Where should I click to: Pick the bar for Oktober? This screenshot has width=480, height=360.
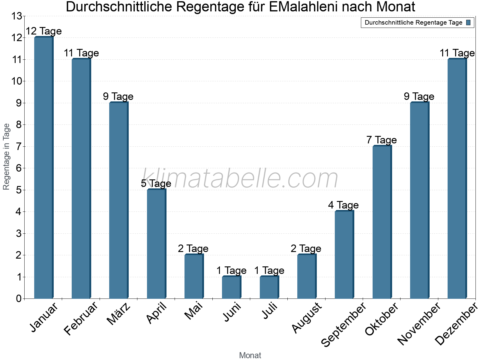tap(382, 222)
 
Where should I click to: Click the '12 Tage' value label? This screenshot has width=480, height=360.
tap(44, 31)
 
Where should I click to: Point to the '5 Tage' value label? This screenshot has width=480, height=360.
tap(156, 183)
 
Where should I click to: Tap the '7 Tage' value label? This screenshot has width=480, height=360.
tap(382, 140)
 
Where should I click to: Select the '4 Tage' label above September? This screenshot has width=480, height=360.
tap(343, 205)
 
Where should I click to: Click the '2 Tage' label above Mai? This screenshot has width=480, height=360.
tap(193, 248)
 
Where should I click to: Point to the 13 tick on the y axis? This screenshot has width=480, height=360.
tap(16, 16)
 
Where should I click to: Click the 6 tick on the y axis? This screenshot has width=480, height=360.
tap(19, 168)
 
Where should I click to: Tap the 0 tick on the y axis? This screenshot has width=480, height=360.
tap(19, 298)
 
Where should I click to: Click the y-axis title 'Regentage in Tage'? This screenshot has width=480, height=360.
tap(6, 157)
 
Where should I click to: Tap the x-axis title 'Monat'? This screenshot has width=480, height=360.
tap(250, 355)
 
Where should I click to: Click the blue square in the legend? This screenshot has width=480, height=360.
tap(469, 22)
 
